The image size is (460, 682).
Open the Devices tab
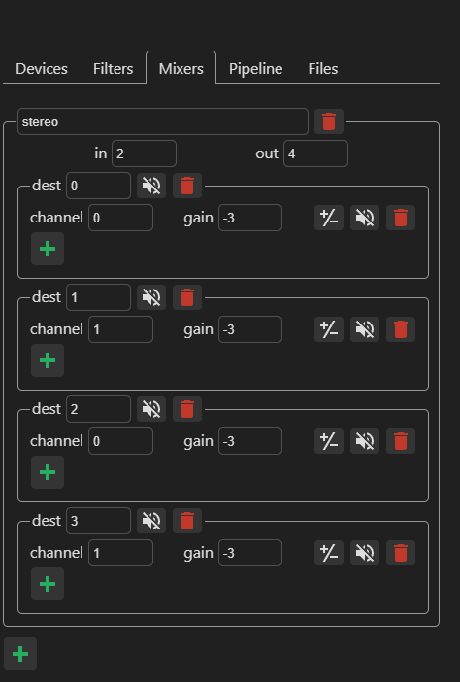coord(42,69)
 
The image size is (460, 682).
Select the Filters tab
coord(113,69)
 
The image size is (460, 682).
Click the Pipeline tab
coord(256,69)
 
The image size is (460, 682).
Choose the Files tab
coord(323,69)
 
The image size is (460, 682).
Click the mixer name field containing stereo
coord(163,121)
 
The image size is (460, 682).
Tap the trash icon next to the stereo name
coord(329,121)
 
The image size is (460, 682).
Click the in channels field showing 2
coord(144,153)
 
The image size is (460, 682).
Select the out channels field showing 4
coord(315,153)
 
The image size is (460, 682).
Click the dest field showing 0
coord(98,186)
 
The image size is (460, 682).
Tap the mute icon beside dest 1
coord(151,297)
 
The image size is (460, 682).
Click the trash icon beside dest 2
coord(187,409)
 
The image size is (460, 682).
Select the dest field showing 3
coord(98,521)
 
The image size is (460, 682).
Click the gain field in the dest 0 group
coord(250,218)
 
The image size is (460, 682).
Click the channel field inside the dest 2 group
coord(120,441)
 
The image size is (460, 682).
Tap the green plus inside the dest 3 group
coord(48,584)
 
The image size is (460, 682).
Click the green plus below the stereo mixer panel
coord(20,654)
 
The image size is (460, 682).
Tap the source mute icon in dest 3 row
coord(365,553)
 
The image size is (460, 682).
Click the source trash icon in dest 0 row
coord(401,218)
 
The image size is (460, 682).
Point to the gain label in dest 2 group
coord(198,441)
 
